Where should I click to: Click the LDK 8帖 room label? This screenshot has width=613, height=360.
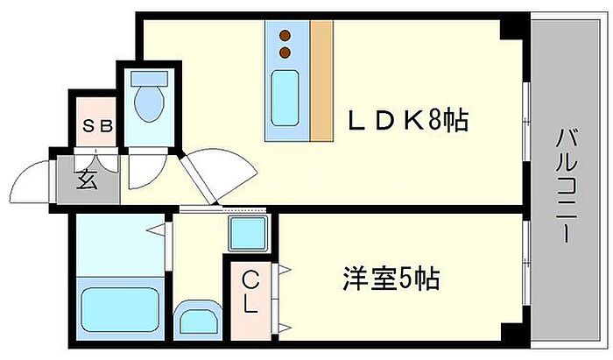point(408,120)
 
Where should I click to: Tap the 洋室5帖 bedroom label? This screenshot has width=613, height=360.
point(391,279)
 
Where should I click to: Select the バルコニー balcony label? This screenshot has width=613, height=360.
point(567,187)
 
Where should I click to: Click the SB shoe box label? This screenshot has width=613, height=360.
point(97,126)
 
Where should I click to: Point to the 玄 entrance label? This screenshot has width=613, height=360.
point(87,180)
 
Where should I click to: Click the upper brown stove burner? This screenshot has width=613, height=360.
point(285,36)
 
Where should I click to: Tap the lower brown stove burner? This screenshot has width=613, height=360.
point(285,52)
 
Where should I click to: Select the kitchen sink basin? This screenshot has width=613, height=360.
point(285,98)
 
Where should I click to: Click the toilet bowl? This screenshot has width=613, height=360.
point(149,103)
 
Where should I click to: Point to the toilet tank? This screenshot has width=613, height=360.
point(149,79)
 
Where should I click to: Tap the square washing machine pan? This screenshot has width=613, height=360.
point(249,233)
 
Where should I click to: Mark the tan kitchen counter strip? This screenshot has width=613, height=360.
point(321,80)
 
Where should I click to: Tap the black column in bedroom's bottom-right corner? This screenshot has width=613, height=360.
point(512,332)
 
